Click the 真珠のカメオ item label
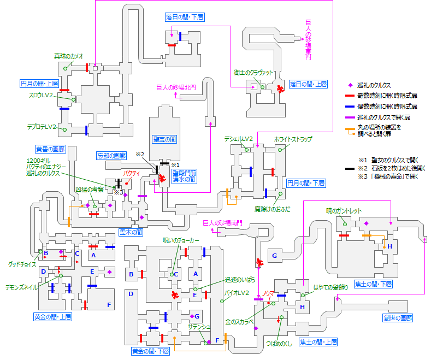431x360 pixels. (x=68, y=56)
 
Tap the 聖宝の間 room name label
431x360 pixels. (x=164, y=139)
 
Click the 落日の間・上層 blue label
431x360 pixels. (x=308, y=84)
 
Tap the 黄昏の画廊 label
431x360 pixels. (x=50, y=149)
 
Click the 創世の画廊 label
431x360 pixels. (x=397, y=317)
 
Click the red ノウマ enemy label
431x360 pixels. (x=268, y=293)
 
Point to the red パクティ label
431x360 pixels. (x=131, y=173)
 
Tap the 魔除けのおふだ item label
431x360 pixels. (x=272, y=208)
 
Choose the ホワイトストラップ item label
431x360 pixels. (x=293, y=140)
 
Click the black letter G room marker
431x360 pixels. (x=274, y=256)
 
